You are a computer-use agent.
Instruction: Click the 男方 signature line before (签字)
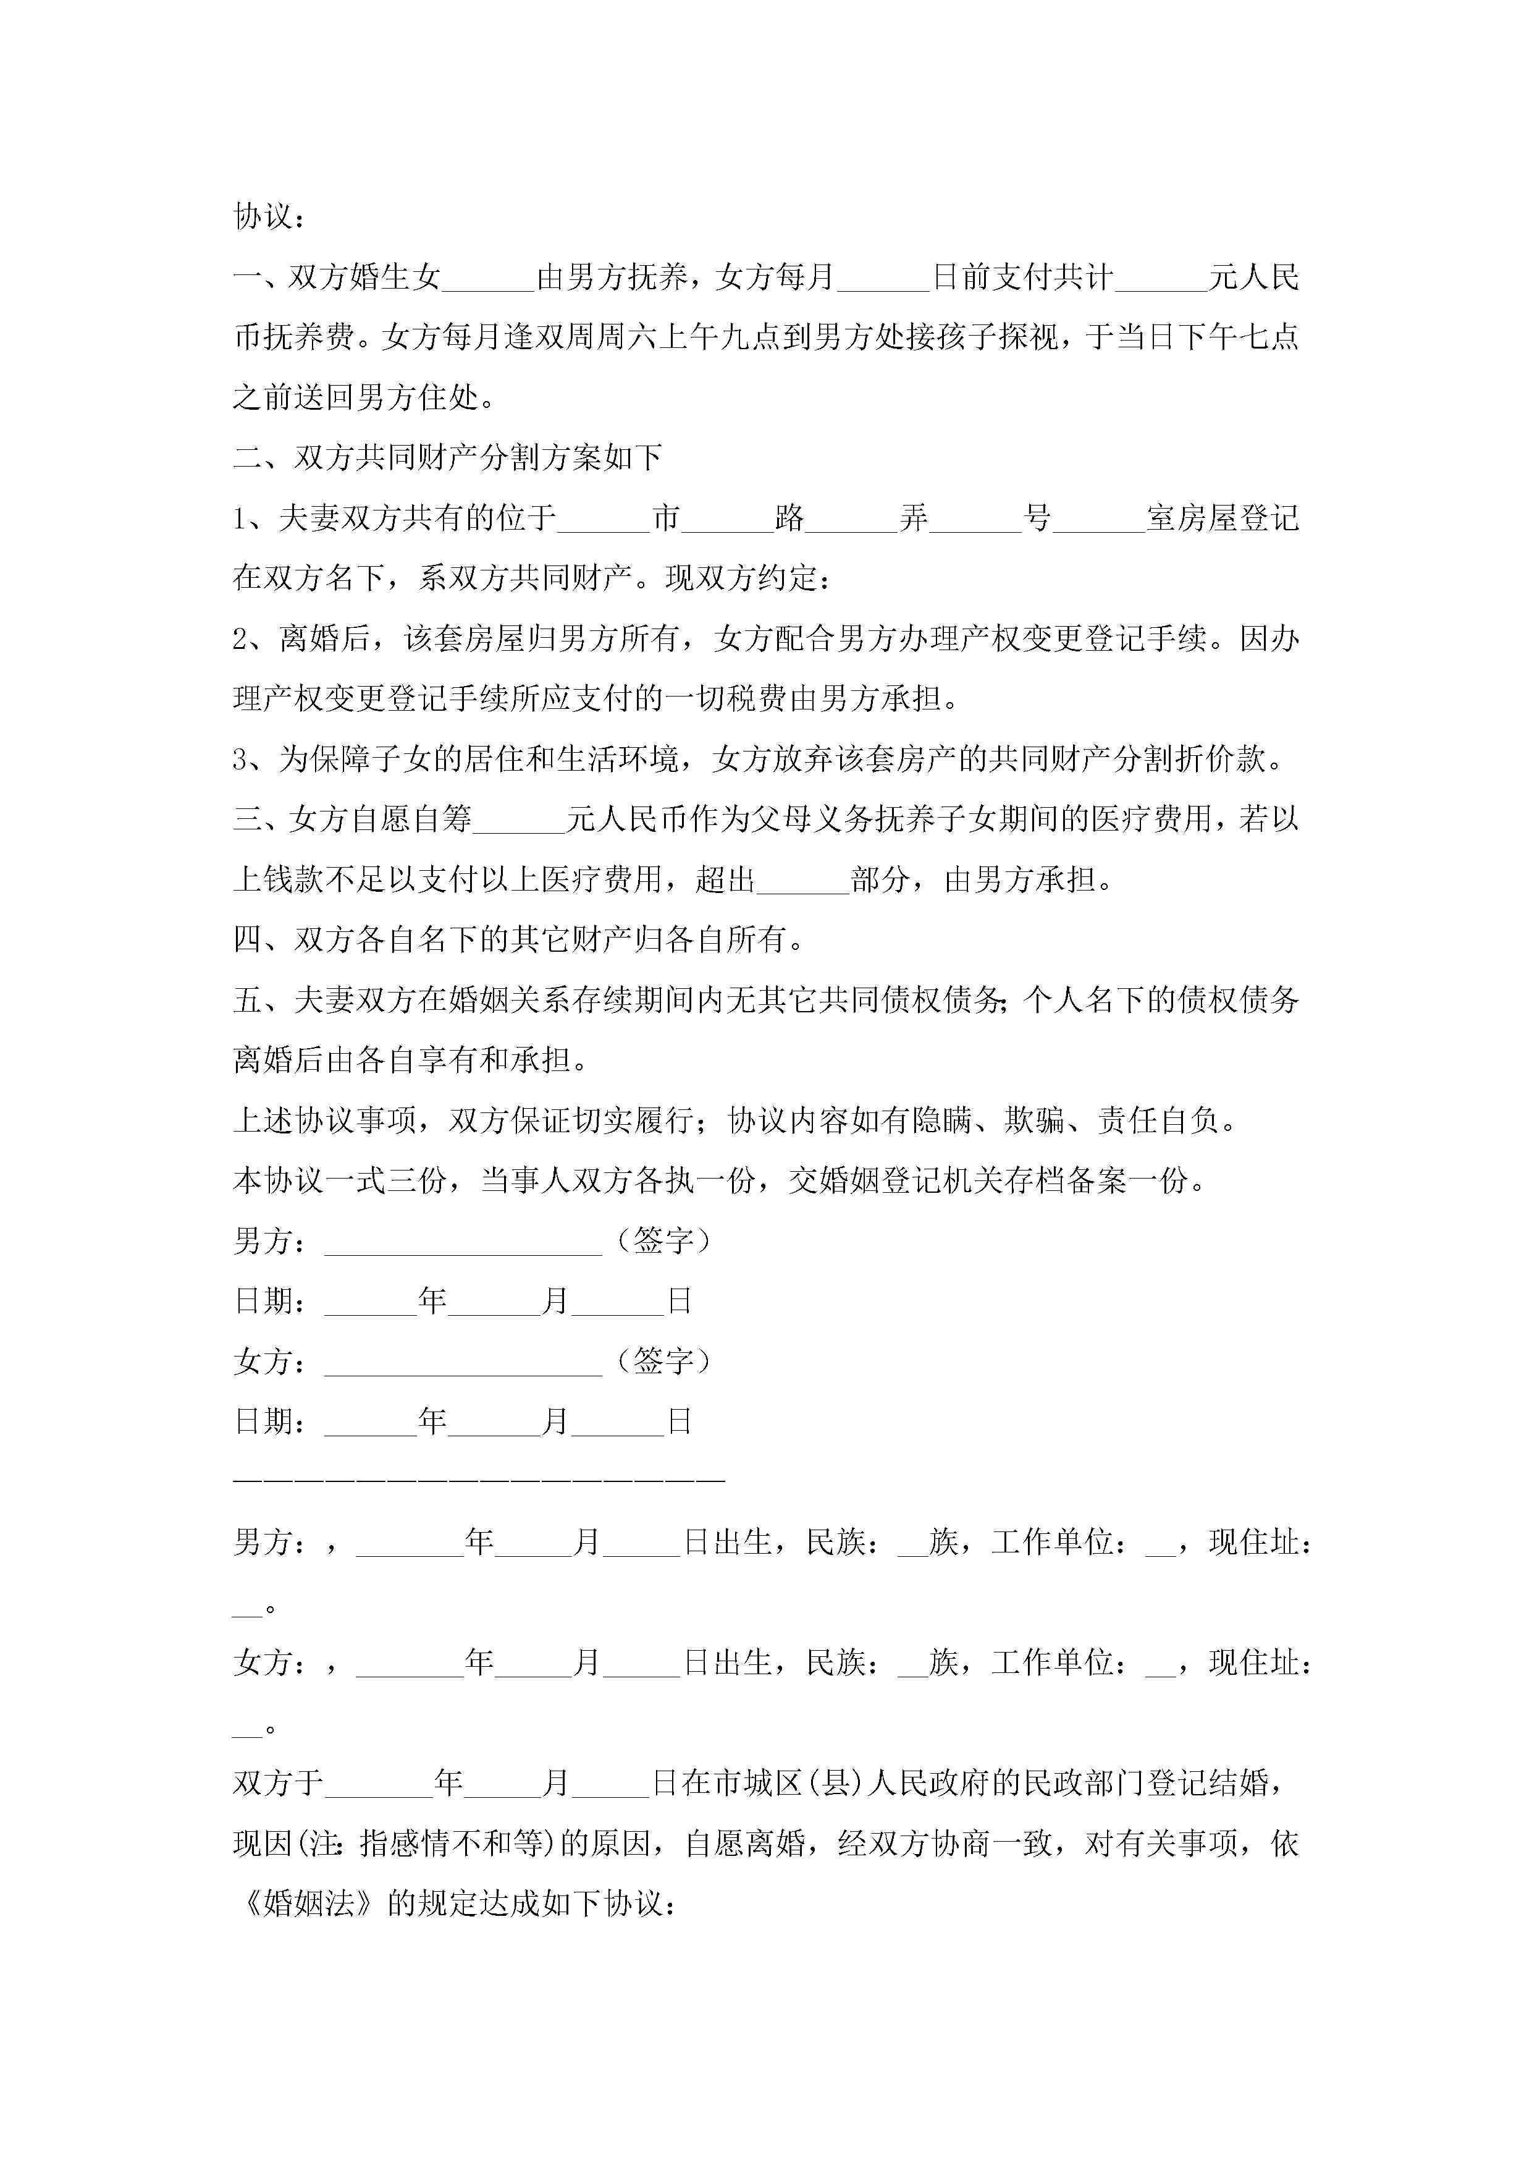coord(463,1243)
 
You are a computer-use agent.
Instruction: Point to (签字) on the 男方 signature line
coord(663,1241)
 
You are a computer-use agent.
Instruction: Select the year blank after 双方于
coord(377,1784)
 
